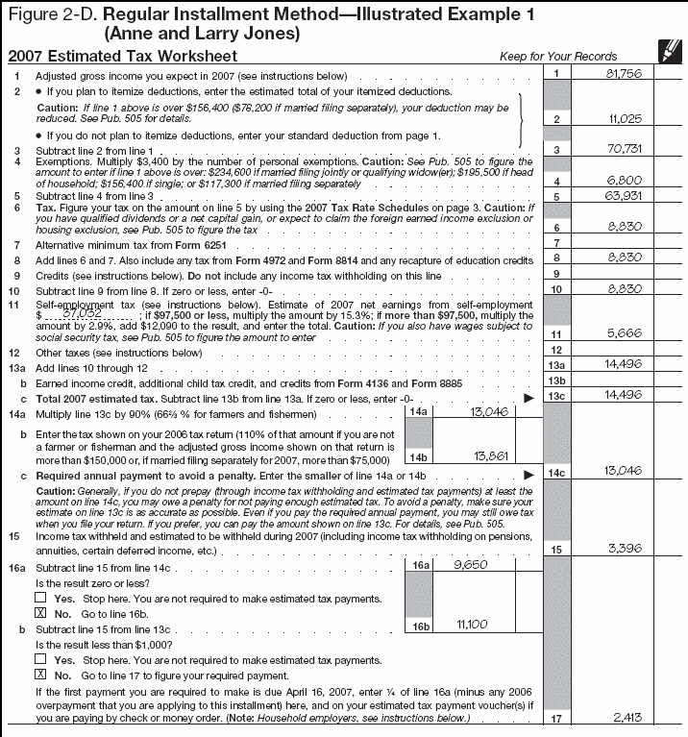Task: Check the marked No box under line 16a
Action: coord(39,612)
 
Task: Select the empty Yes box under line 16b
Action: coord(39,659)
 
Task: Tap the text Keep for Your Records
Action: coord(558,57)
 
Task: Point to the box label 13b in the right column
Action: coord(556,381)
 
